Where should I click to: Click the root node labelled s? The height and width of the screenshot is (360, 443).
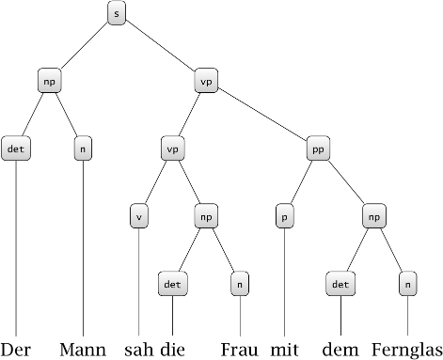[116, 15]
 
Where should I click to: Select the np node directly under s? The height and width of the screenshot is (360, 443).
[50, 81]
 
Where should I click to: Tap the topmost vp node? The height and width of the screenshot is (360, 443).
[206, 81]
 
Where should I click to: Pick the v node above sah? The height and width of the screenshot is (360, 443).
[139, 214]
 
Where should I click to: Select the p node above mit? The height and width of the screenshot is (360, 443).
[283, 214]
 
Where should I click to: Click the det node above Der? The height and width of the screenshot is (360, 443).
[16, 148]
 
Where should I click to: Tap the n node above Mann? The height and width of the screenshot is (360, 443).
[83, 148]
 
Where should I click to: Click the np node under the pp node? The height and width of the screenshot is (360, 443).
[373, 214]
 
